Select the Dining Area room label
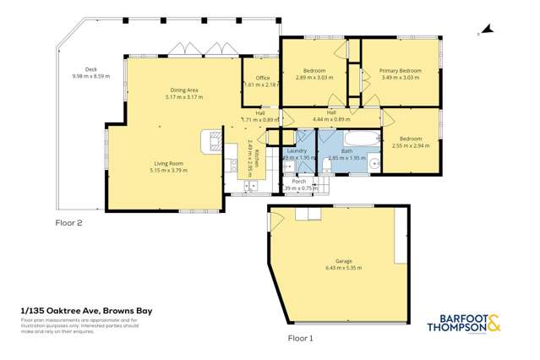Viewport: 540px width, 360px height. point(184,90)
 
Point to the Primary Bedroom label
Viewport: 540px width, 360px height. point(400,70)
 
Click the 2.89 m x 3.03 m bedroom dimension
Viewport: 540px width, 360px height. point(314,77)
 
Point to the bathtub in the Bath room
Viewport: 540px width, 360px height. point(350,137)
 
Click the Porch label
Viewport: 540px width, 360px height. point(298,181)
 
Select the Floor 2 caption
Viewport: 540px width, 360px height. point(68,223)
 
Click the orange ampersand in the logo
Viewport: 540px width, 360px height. point(494,323)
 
